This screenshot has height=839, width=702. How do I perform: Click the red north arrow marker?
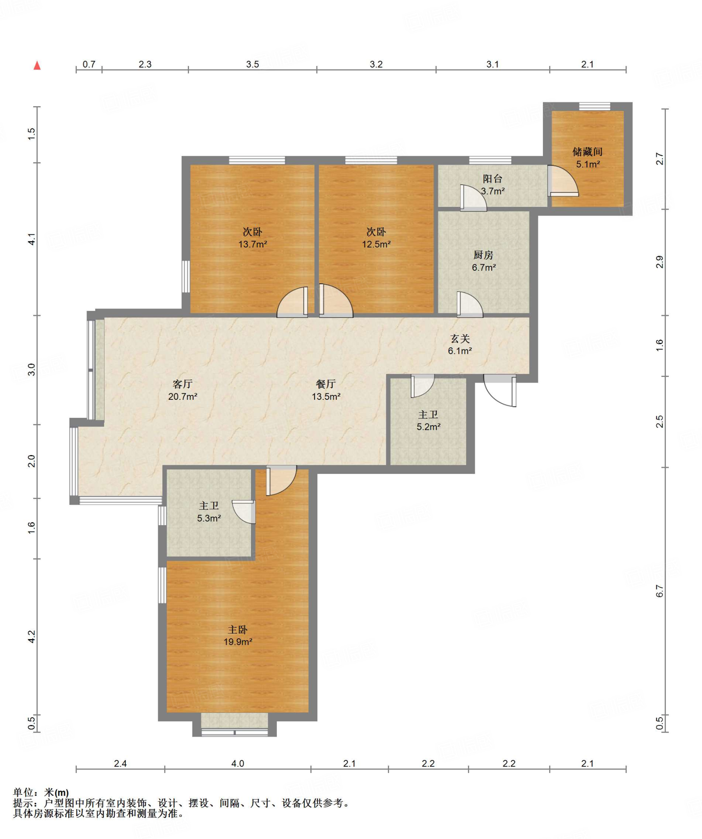pos(37,65)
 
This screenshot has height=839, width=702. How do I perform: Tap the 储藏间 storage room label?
pos(587,152)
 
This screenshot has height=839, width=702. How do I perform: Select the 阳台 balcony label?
pos(492,179)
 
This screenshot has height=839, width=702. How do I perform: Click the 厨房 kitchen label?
pos(483,255)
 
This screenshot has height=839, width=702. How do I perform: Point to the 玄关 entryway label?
pos(460,339)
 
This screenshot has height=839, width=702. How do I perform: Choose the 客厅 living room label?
pos(182,384)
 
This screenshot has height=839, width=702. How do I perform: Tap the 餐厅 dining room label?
pos(326,384)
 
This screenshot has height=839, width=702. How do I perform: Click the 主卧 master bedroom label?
pos(237,629)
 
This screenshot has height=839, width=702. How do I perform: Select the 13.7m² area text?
pos(253,244)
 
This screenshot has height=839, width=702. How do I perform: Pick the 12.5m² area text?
pos(376,244)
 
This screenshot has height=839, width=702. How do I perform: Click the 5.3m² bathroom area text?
pos(209,518)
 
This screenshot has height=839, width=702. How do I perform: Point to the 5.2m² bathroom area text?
pos(428,427)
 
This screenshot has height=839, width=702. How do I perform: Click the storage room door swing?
pos(563,181)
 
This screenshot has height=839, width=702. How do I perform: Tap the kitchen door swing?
pos(470,304)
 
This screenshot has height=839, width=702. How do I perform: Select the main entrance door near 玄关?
pos(500,390)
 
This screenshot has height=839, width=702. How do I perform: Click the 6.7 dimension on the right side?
pos(659,591)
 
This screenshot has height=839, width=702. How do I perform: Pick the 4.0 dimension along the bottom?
pos(237,763)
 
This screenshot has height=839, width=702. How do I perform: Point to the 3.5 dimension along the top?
pos(253,64)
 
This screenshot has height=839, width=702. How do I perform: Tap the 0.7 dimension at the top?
pos(89,64)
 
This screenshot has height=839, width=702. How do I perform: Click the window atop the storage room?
pos(595,107)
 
